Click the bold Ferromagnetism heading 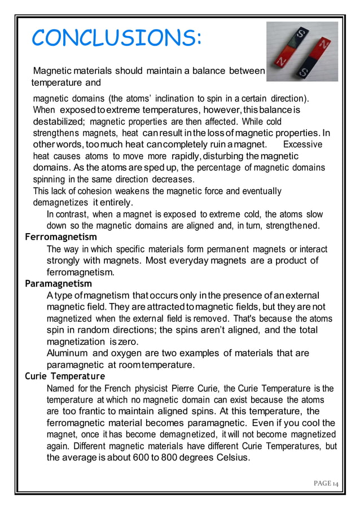(61, 237)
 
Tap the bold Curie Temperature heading (65, 376)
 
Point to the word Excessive (302, 144)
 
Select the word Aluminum (68, 353)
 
